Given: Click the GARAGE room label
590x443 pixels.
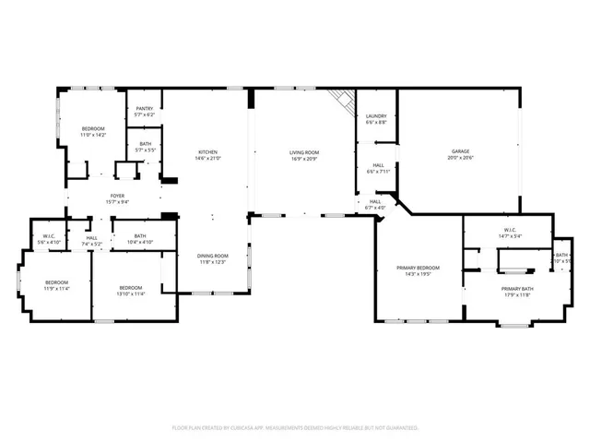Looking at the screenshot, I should (x=460, y=151).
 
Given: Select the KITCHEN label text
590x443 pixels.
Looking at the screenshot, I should (x=207, y=152).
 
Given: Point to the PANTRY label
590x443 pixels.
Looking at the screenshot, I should (x=145, y=109).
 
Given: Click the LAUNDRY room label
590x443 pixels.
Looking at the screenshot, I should (x=375, y=116).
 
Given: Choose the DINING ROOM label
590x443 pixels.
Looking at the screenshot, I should (x=211, y=256).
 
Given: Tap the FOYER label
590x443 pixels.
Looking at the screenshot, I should (x=117, y=196).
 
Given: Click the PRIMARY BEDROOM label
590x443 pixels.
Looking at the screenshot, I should (x=418, y=268).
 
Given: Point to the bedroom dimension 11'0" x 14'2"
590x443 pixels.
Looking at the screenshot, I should (x=93, y=135).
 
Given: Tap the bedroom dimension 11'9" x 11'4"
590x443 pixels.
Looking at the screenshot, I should (x=56, y=289).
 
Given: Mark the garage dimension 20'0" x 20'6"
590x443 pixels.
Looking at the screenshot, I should (x=460, y=158).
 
